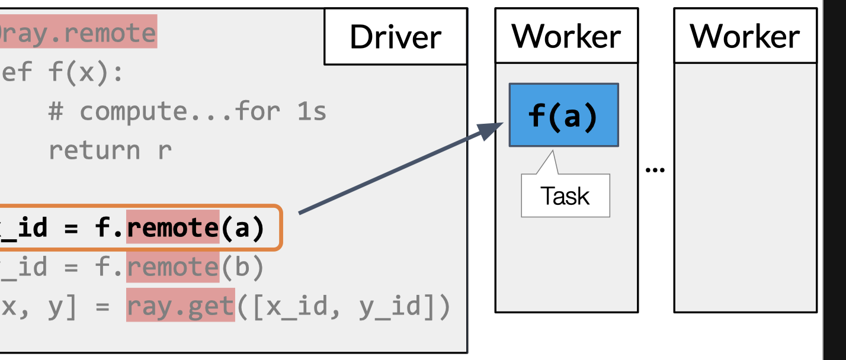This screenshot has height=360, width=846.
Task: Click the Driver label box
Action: [395, 37]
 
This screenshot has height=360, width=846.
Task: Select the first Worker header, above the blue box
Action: [566, 37]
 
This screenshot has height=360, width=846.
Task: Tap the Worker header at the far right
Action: [745, 37]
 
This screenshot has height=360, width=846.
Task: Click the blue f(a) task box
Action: [563, 115]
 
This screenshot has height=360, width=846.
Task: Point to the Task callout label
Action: [565, 196]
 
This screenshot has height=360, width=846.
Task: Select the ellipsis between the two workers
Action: [655, 170]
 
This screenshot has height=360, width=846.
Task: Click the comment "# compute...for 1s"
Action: [187, 111]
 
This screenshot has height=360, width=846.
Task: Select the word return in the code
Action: [94, 150]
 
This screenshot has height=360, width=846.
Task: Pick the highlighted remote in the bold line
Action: [172, 228]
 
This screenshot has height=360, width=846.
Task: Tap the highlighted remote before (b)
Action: [172, 268]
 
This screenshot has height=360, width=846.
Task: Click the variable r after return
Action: [164, 150]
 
